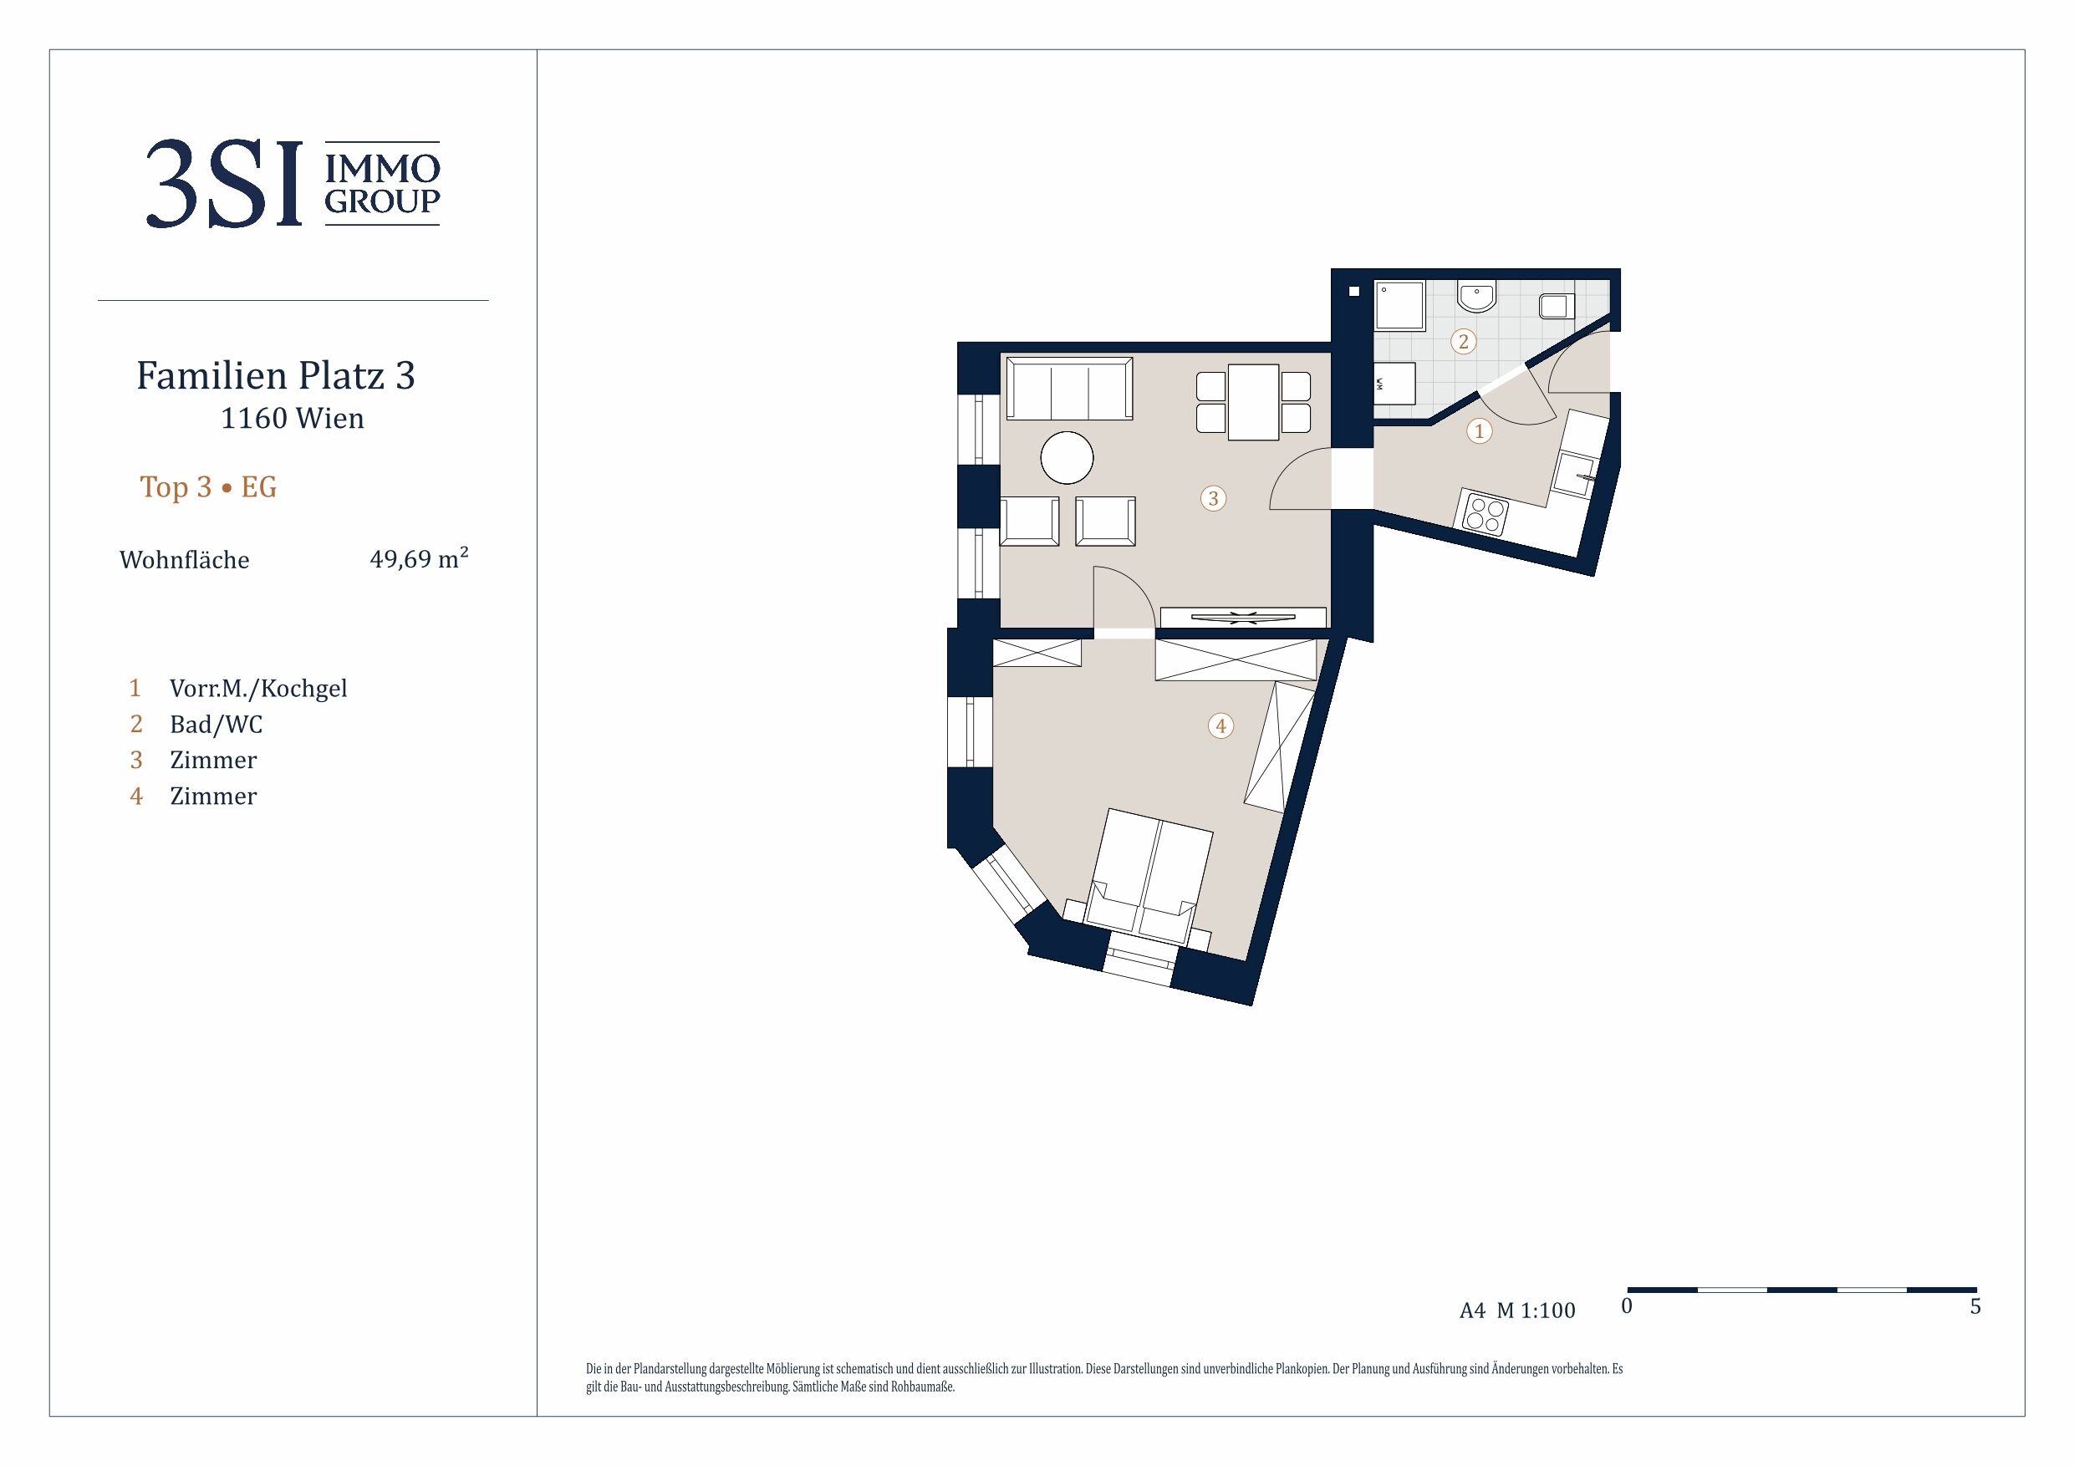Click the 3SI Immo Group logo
pos(293,183)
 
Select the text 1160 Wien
pos(293,418)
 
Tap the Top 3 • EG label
pos(208,487)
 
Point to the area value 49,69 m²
pos(419,558)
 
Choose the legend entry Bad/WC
pos(216,725)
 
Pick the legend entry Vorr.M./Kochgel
pos(258,689)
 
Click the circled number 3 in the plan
pos(1213,497)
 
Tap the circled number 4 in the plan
pos(1220,725)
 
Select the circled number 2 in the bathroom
pos(1464,342)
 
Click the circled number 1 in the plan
pos(1479,432)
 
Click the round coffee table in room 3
pos(1067,458)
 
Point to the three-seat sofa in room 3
pos(1069,389)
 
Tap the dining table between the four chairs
pos(1253,402)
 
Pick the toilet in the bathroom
pos(1556,306)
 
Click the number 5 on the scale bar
pos(1975,1307)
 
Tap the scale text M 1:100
pos(1536,1311)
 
